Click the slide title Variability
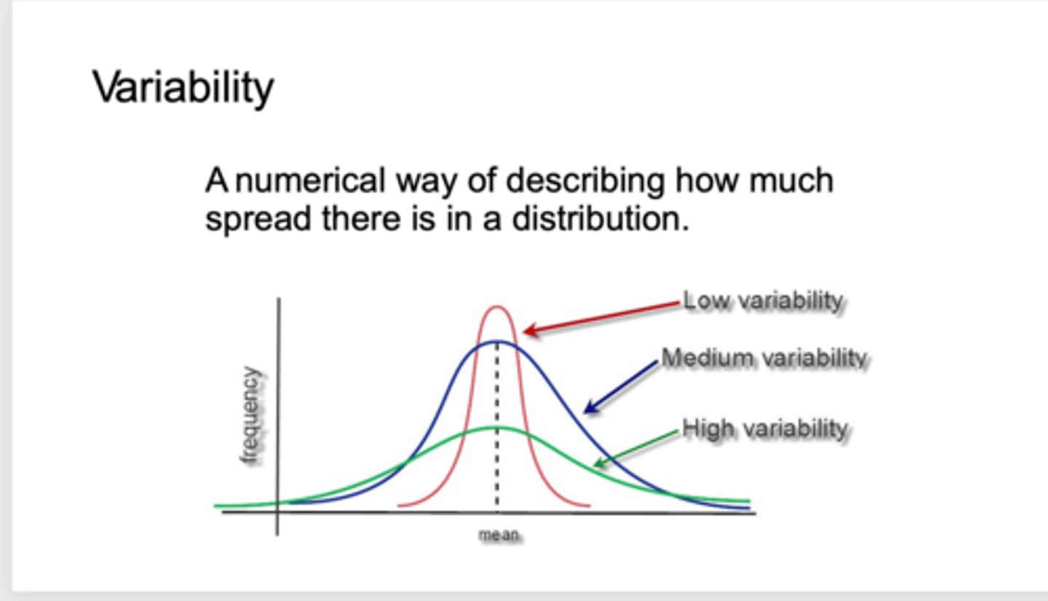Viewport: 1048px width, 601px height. tap(183, 88)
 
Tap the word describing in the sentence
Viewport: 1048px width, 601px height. tap(585, 181)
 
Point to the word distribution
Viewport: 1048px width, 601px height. tap(600, 218)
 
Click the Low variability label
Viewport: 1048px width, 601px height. tap(763, 301)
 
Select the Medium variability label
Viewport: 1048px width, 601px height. tap(764, 359)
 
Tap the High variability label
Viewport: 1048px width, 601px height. tap(765, 429)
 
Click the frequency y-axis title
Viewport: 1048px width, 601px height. tap(250, 415)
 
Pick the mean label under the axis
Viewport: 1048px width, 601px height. tap(499, 534)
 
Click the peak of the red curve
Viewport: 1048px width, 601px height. tap(497, 307)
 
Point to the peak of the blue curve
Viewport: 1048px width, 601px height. tap(497, 341)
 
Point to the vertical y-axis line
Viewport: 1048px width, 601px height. tap(278, 416)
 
